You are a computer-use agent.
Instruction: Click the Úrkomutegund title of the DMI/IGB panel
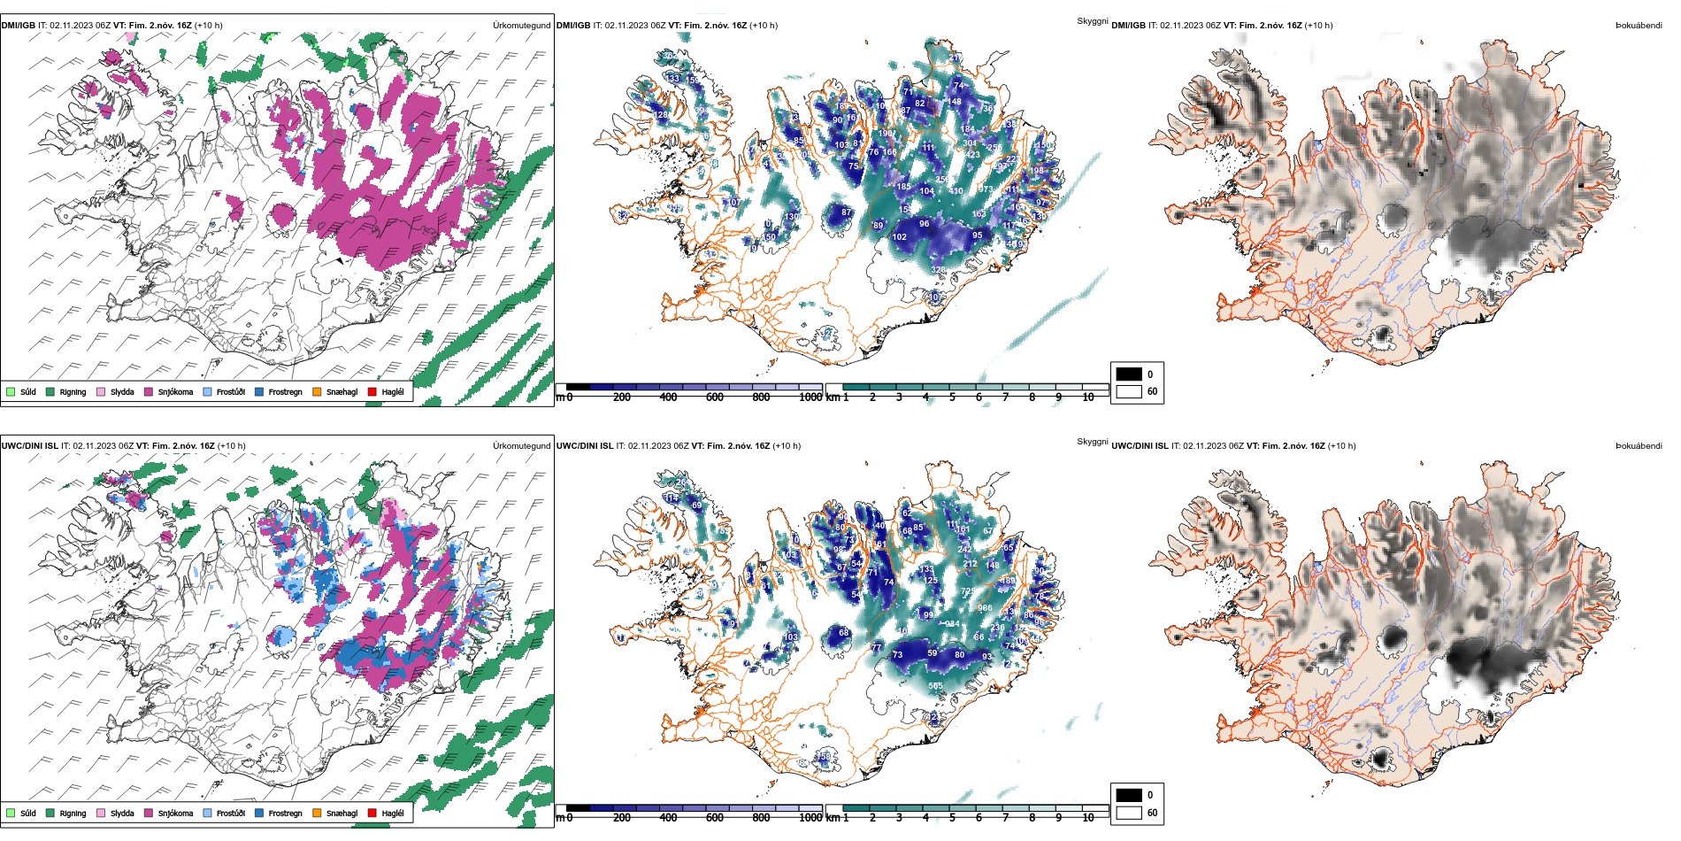coord(521,26)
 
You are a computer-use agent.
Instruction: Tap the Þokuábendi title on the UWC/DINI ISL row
coord(1638,446)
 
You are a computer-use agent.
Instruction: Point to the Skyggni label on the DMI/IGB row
coord(1092,21)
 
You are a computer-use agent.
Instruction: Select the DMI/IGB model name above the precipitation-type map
coord(18,26)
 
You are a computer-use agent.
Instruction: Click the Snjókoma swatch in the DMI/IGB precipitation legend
coord(149,391)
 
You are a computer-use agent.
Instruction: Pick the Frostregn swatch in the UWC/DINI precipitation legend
coord(259,813)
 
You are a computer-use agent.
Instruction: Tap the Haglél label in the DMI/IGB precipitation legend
coord(392,392)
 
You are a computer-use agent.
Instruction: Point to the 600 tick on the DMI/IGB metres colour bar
coord(715,397)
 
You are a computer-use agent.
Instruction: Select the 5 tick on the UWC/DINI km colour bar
coord(952,818)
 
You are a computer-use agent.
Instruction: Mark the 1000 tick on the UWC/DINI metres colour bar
coord(810,818)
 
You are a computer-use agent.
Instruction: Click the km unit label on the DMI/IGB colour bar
coord(833,397)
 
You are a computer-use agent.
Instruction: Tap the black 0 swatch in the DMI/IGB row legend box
coord(1129,374)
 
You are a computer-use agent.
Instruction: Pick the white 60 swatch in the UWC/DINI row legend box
coord(1129,813)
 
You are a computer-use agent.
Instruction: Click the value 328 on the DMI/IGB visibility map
coord(938,270)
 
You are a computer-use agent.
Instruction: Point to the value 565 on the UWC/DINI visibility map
coord(935,686)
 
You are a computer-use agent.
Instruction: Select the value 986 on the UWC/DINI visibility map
coord(985,608)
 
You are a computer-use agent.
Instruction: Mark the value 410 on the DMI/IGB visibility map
coord(956,191)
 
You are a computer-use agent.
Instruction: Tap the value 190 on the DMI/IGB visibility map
coord(886,134)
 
